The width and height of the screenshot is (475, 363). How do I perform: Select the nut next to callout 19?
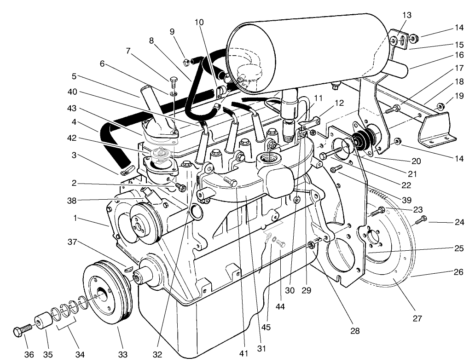coord(440,107)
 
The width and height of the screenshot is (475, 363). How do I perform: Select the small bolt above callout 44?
coord(281,243)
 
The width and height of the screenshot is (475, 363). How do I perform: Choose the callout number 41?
coord(243,353)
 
